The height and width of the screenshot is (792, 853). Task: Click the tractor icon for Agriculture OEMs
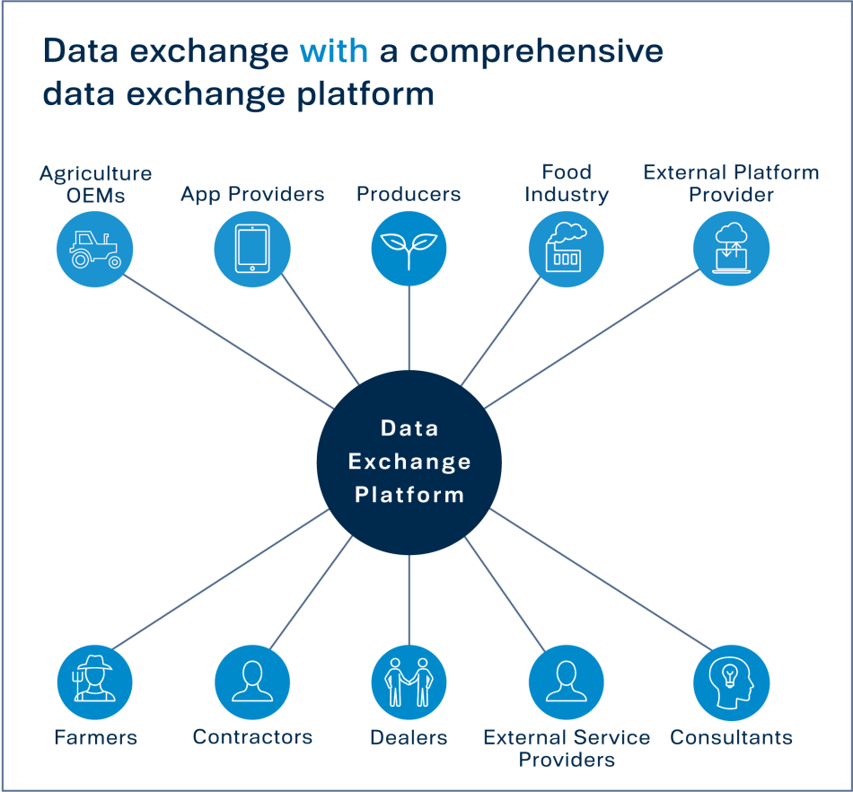pos(94,249)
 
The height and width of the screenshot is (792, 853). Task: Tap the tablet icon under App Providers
pos(252,249)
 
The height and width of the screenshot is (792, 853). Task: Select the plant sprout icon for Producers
pos(409,249)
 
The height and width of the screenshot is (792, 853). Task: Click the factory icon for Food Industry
pos(566,249)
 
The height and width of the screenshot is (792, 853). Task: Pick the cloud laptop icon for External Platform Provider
pos(732,249)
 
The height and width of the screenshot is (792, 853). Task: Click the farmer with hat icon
pos(94,682)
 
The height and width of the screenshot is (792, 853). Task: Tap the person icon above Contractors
pos(252,682)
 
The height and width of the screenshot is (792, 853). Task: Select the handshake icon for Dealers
pos(409,682)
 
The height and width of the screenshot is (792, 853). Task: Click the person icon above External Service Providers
pos(566,682)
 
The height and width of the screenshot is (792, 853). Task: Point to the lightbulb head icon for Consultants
pos(732,682)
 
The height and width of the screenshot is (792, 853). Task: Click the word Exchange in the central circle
pos(409,462)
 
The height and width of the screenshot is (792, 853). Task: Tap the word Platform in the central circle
pos(409,495)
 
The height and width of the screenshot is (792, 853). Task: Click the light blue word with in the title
pos(334,51)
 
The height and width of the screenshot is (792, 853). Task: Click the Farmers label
pos(95,738)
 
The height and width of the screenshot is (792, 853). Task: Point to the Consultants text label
pos(732,738)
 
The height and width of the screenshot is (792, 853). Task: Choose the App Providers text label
pos(252,194)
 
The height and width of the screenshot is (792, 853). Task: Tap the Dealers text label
pos(409,738)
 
